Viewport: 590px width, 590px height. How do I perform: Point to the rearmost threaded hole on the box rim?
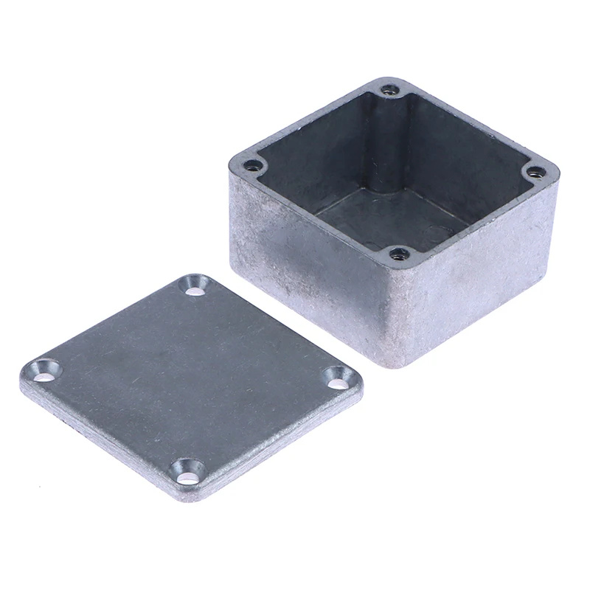click(389, 91)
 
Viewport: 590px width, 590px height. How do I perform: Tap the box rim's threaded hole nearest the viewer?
click(398, 255)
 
